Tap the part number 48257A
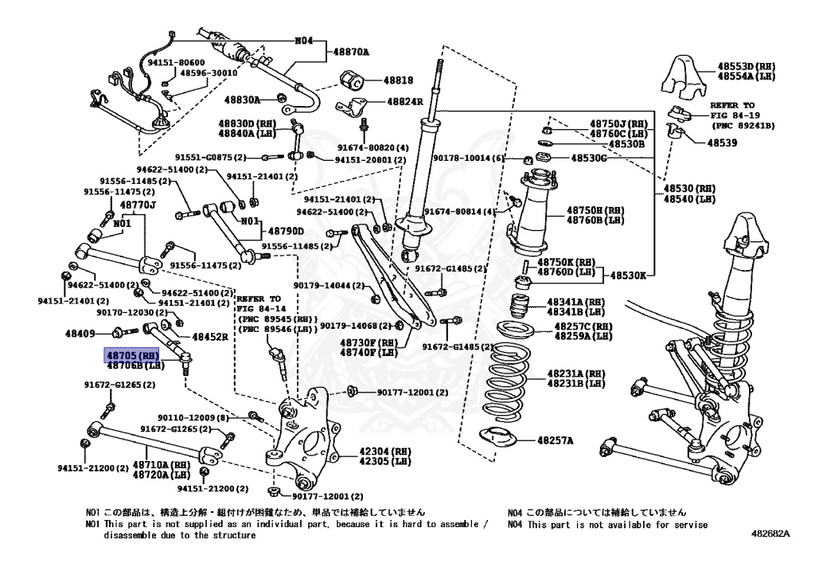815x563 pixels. [x=556, y=440]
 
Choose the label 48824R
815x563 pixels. [x=405, y=102]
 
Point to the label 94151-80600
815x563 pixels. [x=175, y=62]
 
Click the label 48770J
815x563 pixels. [x=138, y=205]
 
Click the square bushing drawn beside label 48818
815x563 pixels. [x=353, y=80]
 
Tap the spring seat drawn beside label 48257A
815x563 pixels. [x=498, y=436]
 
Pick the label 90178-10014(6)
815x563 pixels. [x=469, y=158]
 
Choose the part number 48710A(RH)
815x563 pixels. [x=161, y=464]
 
